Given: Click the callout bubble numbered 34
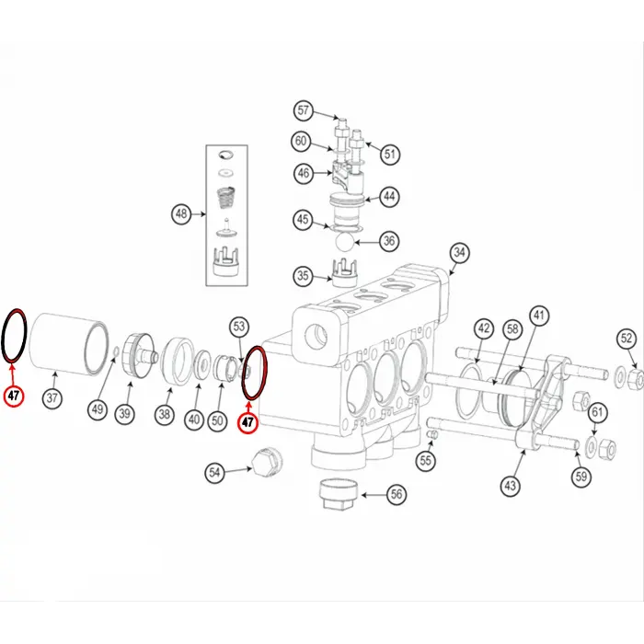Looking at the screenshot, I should coord(459,252).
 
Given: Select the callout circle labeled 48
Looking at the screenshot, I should coord(182,214).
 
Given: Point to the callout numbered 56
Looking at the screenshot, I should coord(397,494).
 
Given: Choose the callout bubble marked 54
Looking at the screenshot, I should coord(214,472).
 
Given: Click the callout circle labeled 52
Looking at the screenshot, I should coord(627,339).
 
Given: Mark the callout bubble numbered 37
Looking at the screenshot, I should coord(52,399).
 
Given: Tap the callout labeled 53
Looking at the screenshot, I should coord(240,327).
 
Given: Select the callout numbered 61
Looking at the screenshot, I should coord(597,411).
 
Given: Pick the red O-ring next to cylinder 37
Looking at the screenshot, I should coord(15,336).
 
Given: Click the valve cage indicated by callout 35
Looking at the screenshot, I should coord(343,273).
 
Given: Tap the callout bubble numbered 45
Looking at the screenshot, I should coord(303,220).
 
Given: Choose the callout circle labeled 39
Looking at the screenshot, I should coord(124,413).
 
